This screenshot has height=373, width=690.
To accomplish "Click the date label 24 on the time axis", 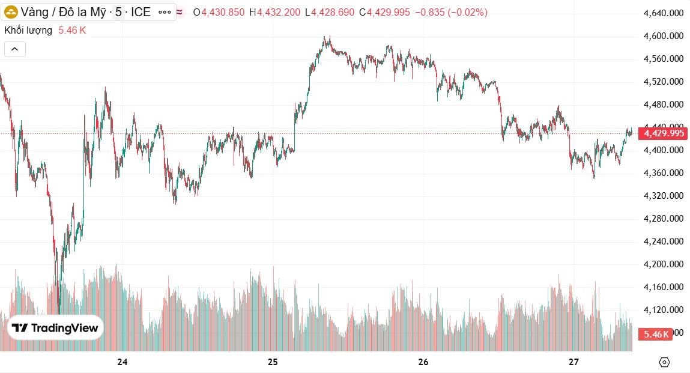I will click(123, 362).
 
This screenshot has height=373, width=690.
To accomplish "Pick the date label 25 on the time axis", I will click(273, 362).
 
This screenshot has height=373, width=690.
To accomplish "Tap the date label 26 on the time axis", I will click(423, 362).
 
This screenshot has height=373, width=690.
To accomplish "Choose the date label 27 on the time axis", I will click(573, 362).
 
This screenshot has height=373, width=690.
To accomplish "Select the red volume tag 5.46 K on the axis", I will click(656, 334).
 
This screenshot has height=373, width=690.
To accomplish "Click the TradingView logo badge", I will click(55, 328).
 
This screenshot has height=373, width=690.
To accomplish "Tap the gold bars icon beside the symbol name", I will click(11, 12).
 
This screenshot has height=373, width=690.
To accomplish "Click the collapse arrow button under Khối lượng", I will click(15, 49).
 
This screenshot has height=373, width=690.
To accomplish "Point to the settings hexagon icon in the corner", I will click(664, 362).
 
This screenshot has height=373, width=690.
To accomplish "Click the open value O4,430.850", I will click(219, 12).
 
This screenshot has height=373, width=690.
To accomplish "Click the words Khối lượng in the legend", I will click(28, 30).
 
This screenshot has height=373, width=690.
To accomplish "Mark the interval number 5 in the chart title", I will click(118, 12).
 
